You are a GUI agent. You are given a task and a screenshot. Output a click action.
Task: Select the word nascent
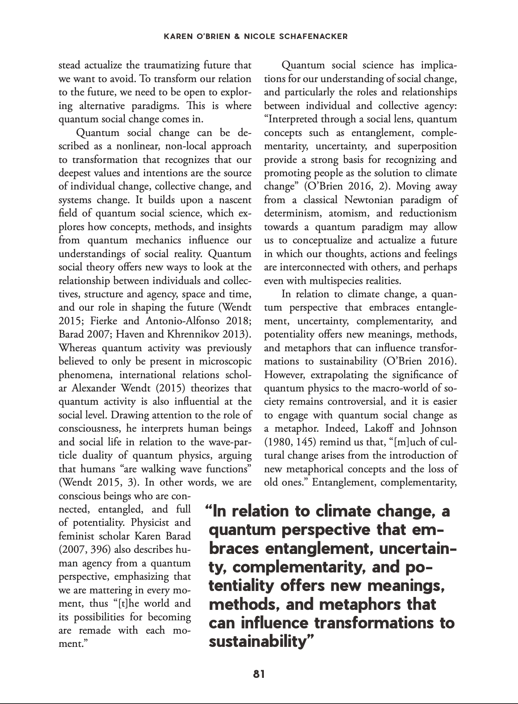click(x=232, y=200)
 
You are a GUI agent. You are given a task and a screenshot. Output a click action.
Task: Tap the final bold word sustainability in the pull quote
click(x=257, y=641)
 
